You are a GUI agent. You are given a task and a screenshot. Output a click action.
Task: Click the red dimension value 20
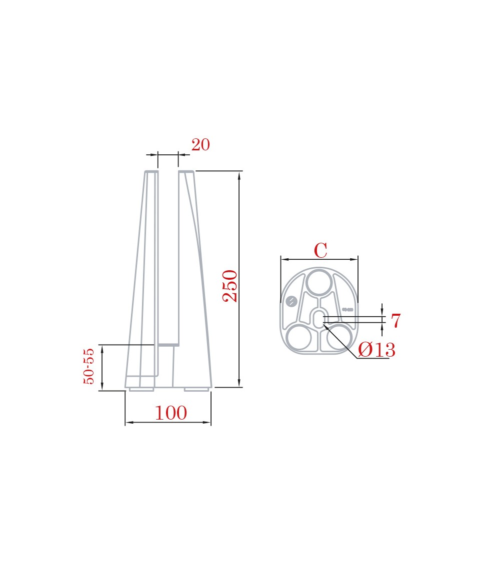click(x=200, y=145)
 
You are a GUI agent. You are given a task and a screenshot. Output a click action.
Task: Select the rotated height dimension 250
click(x=230, y=286)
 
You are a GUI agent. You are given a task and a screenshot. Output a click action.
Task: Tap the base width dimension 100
click(x=170, y=413)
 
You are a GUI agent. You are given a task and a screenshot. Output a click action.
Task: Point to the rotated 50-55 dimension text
click(x=88, y=366)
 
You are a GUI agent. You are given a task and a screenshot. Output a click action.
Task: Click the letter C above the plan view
click(x=320, y=250)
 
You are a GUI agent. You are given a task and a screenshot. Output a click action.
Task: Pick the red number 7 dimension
click(x=395, y=320)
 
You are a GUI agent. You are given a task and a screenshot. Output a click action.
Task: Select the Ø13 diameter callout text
click(x=376, y=350)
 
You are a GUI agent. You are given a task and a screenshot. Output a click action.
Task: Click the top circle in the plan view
click(x=319, y=282)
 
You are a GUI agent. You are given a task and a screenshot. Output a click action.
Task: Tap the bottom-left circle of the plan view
click(x=299, y=338)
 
